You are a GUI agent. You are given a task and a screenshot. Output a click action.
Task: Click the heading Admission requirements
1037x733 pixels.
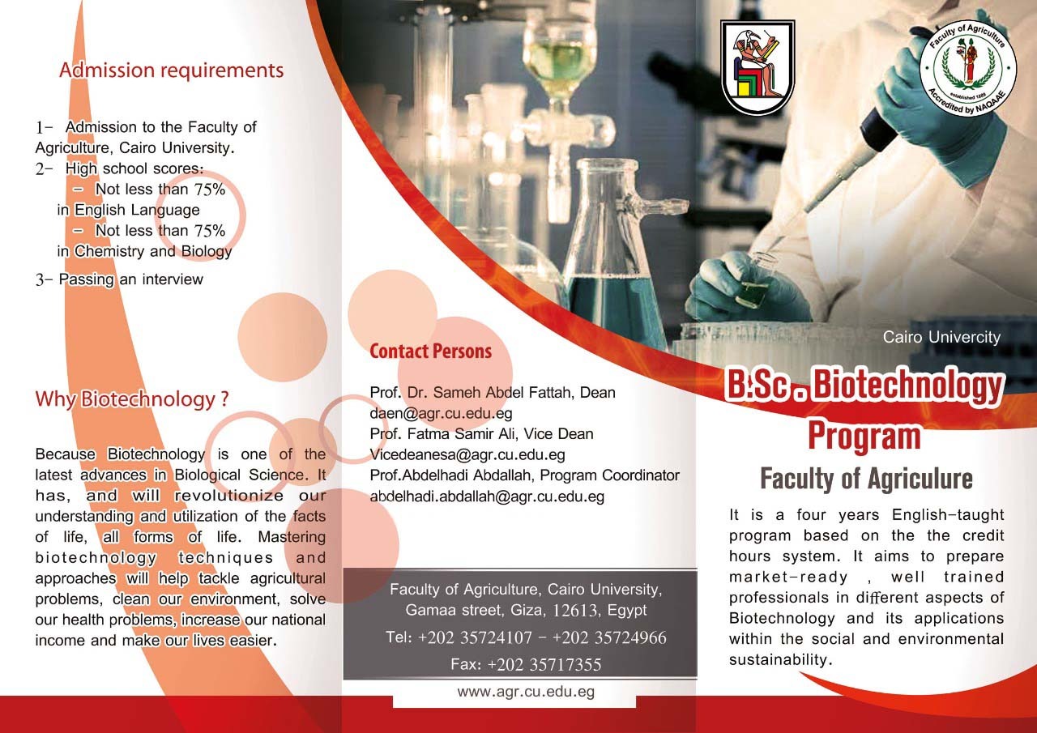pos(171,70)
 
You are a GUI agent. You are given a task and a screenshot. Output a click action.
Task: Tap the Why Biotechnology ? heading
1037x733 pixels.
pos(132,398)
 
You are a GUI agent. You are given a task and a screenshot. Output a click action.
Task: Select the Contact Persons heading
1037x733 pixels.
pos(430,352)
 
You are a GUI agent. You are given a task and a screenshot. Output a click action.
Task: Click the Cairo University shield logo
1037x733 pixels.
pos(757,67)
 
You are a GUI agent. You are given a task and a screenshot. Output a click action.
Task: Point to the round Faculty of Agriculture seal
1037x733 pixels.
pos(967,68)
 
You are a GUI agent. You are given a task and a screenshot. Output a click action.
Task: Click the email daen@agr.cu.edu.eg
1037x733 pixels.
pos(441,413)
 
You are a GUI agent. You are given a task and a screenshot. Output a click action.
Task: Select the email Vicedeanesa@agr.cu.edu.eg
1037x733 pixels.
pos(467,455)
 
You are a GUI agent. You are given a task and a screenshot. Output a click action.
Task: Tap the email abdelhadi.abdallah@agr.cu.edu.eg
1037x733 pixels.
pos(487,496)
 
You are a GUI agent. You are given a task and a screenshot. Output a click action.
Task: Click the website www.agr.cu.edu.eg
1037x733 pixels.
pos(526,692)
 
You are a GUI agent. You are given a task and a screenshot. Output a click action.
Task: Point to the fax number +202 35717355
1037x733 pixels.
pos(544,664)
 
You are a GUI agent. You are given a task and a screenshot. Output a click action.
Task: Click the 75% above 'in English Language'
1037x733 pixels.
pos(209,190)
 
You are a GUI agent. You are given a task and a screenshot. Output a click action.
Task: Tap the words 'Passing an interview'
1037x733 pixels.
pos(131,279)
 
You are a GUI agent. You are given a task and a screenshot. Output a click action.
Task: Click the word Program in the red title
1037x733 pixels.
pos(864,436)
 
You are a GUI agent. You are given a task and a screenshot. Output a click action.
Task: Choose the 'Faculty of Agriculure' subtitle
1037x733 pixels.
pos(866,479)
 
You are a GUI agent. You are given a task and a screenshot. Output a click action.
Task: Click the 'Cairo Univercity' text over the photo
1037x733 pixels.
pos(941,337)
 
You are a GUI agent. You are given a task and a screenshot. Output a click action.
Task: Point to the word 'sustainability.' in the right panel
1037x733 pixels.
pos(780,659)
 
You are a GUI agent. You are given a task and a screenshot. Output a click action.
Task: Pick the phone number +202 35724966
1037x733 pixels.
pos(609,637)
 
